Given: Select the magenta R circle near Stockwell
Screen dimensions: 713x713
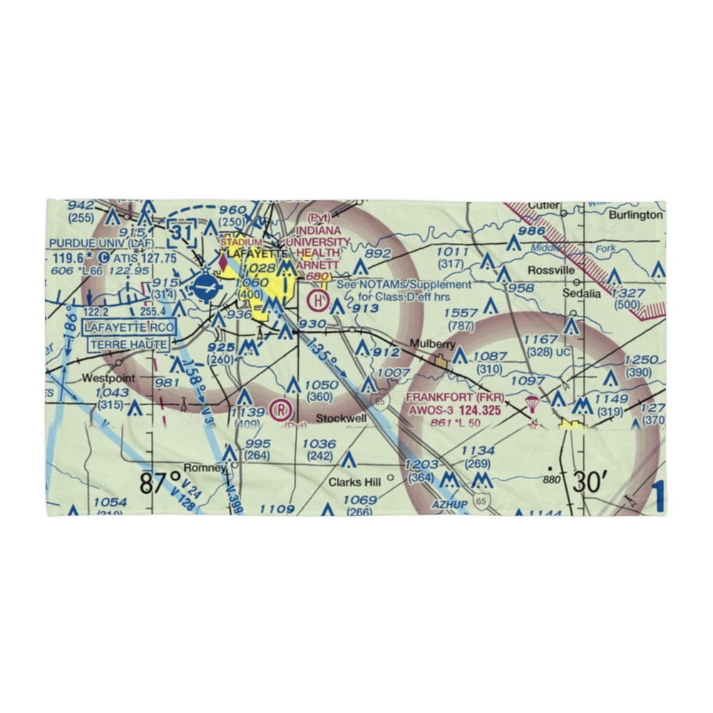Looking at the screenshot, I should pyautogui.click(x=282, y=411).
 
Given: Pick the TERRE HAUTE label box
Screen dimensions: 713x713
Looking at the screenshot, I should pyautogui.click(x=129, y=345).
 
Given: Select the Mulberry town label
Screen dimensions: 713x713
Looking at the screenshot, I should pyautogui.click(x=432, y=344).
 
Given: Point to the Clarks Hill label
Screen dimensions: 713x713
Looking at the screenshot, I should pyautogui.click(x=354, y=482).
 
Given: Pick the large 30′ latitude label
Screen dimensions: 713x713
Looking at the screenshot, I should pyautogui.click(x=587, y=482).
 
